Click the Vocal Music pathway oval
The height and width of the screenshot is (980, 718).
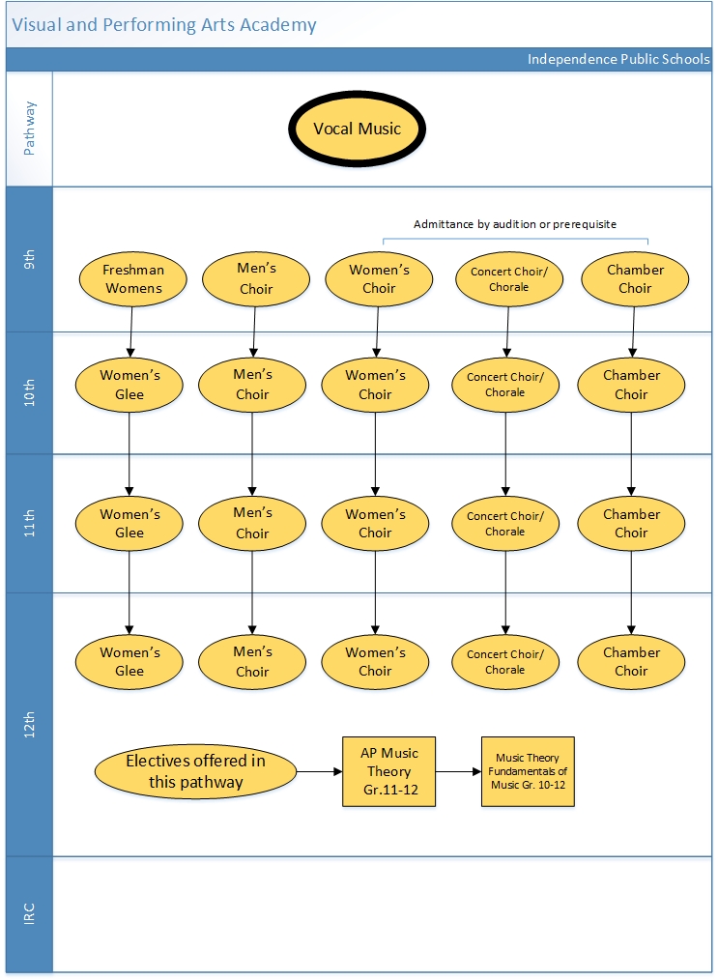coord(357,129)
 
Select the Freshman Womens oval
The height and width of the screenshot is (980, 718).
coord(133,279)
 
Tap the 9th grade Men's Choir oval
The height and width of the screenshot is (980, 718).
coord(255,278)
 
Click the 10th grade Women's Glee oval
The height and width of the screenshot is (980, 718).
coord(129,385)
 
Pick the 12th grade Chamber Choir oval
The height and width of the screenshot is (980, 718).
coord(631,662)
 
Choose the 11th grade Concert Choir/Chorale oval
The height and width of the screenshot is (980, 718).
coord(504,524)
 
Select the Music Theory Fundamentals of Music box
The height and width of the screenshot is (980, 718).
coord(528,771)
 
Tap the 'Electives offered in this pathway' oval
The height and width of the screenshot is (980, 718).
coord(195,771)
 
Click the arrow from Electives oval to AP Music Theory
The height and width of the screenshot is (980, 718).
coord(319,772)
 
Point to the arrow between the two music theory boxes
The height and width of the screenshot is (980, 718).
coord(458,772)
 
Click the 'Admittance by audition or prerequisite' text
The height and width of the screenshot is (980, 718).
coord(514,224)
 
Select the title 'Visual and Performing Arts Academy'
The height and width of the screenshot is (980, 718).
coord(164,25)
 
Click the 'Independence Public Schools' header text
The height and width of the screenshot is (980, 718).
coord(617,60)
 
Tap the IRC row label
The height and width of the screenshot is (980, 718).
coord(29,913)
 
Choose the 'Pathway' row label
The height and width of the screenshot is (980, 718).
coord(29,129)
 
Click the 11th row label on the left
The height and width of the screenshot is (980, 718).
coord(29,524)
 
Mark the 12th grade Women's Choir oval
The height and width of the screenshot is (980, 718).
coord(375,662)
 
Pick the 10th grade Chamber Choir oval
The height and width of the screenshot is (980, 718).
coord(631,385)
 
